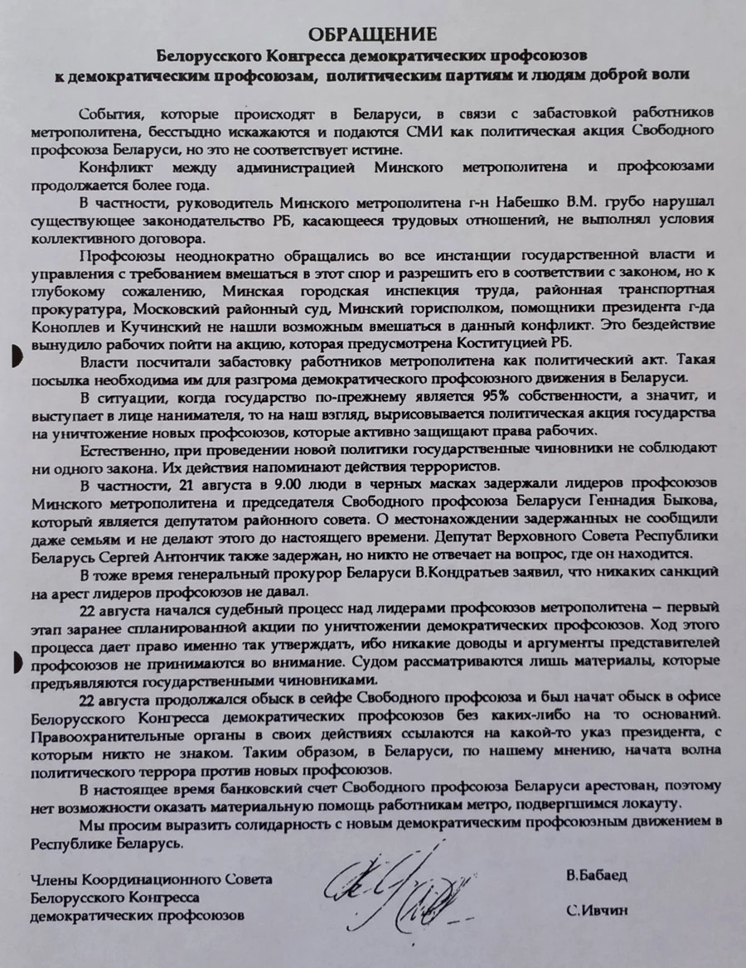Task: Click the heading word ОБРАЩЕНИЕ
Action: point(373,34)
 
